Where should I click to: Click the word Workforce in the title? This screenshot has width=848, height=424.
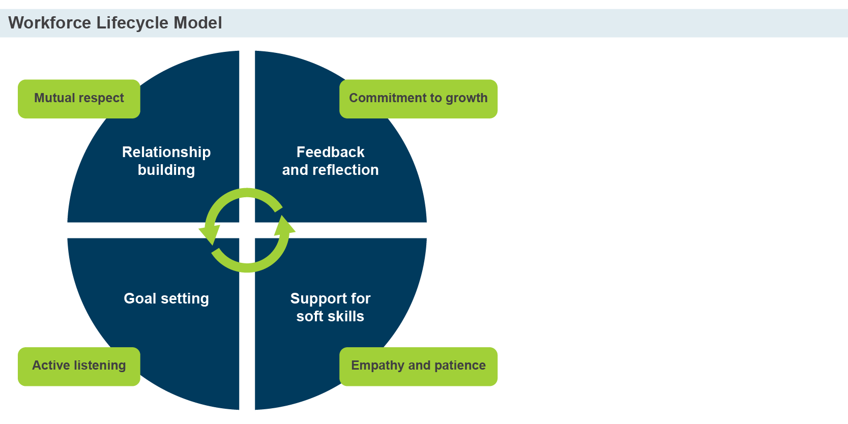49,23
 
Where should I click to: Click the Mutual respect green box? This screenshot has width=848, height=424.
79,99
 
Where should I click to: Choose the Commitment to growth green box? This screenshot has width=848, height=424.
418,99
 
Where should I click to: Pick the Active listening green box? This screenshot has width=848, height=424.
79,366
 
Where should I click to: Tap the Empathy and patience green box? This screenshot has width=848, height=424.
418,366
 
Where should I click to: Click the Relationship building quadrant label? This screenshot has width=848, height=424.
166,161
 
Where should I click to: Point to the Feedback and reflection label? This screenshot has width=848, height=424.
330,161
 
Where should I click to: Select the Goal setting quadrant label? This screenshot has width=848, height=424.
166,298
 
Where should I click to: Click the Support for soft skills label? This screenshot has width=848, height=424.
330,307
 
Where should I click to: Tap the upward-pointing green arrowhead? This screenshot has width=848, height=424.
285,226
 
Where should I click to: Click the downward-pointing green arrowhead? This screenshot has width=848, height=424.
209,235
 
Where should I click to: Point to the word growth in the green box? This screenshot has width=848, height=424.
466,98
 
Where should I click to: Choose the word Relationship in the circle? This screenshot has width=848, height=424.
166,152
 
